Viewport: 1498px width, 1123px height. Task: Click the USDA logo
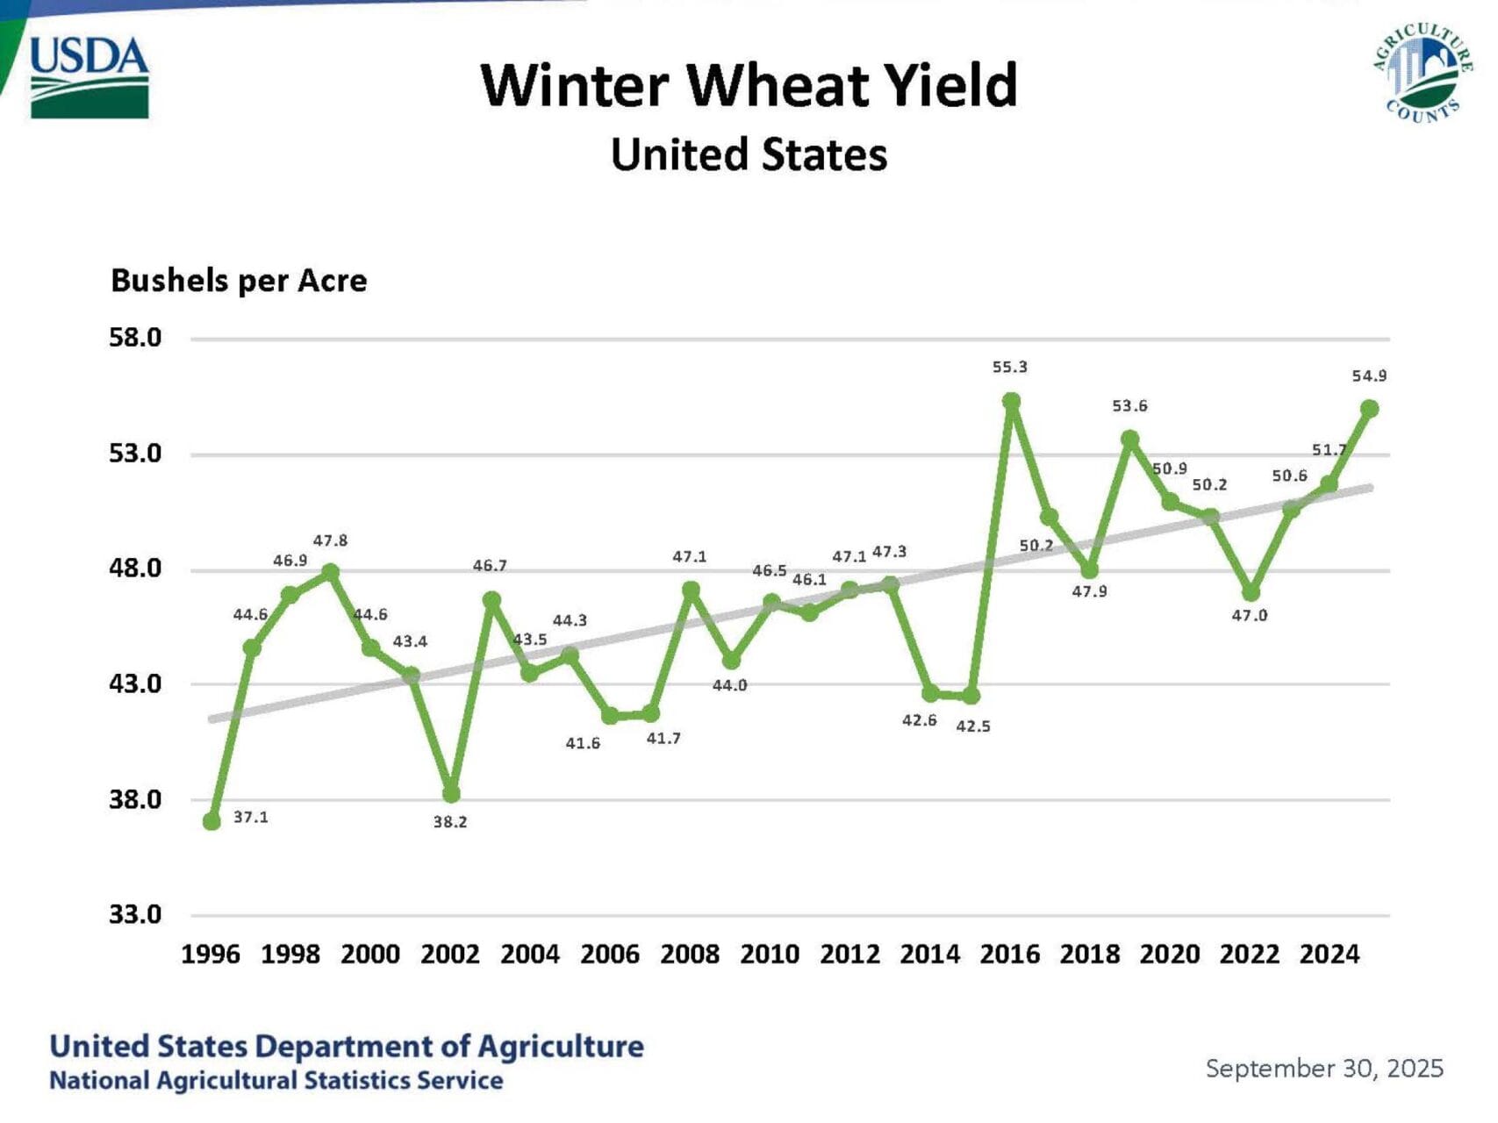tap(90, 77)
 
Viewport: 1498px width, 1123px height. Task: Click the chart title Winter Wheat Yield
tap(749, 85)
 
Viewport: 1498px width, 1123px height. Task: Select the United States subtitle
tap(749, 155)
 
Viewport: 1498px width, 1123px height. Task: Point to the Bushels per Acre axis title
tap(239, 281)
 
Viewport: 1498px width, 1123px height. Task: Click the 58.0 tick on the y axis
tap(135, 338)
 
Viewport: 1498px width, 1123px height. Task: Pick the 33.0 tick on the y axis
tap(135, 915)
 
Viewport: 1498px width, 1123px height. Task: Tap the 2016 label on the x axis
tap(1009, 955)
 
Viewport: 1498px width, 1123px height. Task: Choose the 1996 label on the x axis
tap(211, 955)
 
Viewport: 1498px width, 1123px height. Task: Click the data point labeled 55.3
tap(1011, 402)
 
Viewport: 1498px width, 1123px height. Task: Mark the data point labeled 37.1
tap(211, 821)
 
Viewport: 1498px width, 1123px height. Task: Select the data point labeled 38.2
tap(451, 794)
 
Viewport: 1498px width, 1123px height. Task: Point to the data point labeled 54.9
tap(1369, 409)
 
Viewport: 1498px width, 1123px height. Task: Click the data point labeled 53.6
tap(1130, 439)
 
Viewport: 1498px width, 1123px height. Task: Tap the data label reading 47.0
tap(1249, 616)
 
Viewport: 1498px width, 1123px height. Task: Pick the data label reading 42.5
tap(973, 726)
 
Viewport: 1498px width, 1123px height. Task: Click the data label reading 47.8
tap(330, 541)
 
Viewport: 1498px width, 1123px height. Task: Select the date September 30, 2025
tap(1324, 1069)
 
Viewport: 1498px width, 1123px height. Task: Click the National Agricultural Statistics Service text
tap(276, 1081)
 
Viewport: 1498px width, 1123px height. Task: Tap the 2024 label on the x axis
tap(1329, 955)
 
